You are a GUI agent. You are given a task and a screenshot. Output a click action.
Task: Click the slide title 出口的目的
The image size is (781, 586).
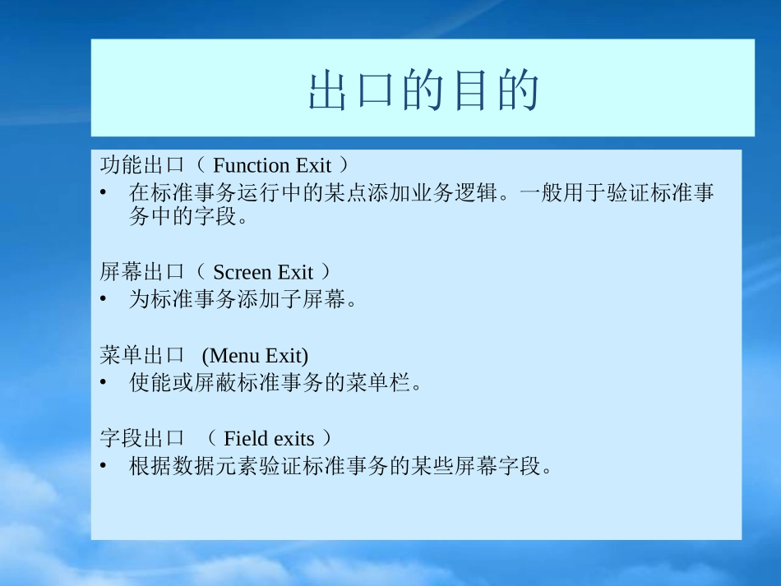423,91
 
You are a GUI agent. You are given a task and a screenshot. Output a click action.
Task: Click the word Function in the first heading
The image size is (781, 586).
252,166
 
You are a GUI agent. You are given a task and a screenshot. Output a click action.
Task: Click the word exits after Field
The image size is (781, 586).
293,439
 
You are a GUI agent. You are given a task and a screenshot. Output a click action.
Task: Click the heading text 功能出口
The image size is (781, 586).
141,165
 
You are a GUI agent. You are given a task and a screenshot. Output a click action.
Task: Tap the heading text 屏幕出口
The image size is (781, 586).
141,271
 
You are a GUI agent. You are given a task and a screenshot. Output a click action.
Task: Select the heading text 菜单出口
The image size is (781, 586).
141,355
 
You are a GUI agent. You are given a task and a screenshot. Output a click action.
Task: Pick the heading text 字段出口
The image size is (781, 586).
141,438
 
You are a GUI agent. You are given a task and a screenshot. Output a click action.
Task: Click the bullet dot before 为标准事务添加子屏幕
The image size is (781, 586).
103,300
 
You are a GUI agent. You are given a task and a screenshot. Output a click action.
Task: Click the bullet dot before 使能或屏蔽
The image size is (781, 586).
103,384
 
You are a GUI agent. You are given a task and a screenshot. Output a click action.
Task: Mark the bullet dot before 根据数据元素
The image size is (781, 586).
103,467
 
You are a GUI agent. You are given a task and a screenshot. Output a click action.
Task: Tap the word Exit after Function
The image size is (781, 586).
312,166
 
